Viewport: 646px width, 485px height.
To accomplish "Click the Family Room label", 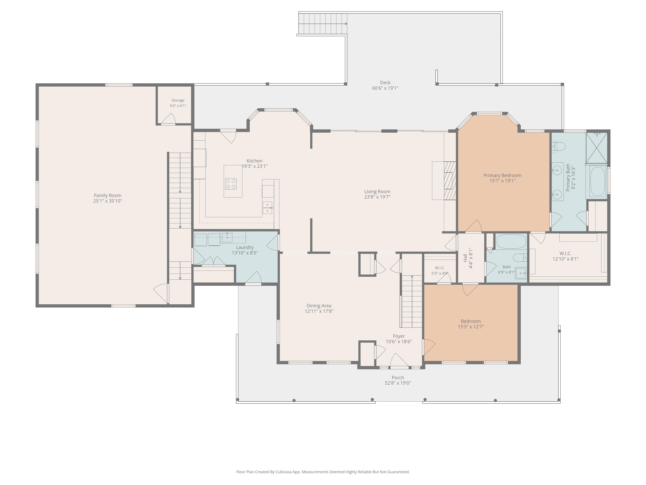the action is pos(107,195).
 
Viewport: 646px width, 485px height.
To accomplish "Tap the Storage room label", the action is pos(178,100).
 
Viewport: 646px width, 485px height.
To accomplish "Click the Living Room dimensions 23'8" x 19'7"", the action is pos(377,197).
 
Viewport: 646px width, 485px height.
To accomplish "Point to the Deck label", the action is pos(385,83).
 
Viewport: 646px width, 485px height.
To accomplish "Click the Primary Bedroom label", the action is pos(502,175).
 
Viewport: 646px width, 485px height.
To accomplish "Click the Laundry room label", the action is pos(245,247).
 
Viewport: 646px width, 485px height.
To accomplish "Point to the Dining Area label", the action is pos(319,306).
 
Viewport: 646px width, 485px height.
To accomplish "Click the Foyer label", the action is pos(399,336).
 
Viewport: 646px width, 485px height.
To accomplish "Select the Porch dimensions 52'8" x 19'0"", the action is pos(398,383).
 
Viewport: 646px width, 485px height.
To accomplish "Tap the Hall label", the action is pos(465,258).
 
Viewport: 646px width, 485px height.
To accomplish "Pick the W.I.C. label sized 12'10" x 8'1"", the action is pos(565,253).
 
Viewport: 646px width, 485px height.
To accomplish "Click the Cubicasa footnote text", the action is pos(323,472).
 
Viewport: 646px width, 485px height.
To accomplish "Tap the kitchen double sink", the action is pos(267,208).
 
